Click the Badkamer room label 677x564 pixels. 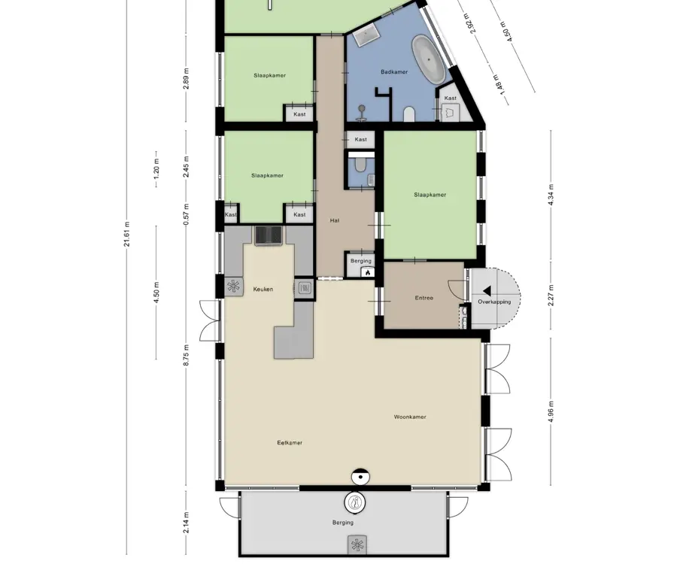(x=393, y=72)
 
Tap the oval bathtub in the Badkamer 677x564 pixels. (x=428, y=60)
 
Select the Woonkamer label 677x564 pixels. (x=410, y=417)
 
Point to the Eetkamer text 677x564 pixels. (x=290, y=442)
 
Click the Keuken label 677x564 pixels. (x=263, y=289)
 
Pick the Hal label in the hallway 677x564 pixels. (x=334, y=220)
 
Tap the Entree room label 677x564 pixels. (x=424, y=298)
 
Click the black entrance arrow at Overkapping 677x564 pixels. (x=487, y=291)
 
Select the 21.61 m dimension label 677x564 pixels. (x=127, y=235)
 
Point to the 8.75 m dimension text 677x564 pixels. (x=186, y=356)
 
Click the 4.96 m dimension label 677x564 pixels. (x=551, y=412)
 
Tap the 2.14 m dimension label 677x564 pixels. (x=186, y=522)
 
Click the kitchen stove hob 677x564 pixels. (x=268, y=235)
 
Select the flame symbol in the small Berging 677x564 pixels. (x=367, y=272)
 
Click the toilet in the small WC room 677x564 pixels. (x=360, y=164)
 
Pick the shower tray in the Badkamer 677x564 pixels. (x=366, y=35)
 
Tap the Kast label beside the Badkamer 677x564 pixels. (x=451, y=98)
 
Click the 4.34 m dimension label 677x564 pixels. (x=551, y=195)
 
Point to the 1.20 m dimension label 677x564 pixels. (x=156, y=169)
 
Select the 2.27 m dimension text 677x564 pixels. (x=551, y=296)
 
